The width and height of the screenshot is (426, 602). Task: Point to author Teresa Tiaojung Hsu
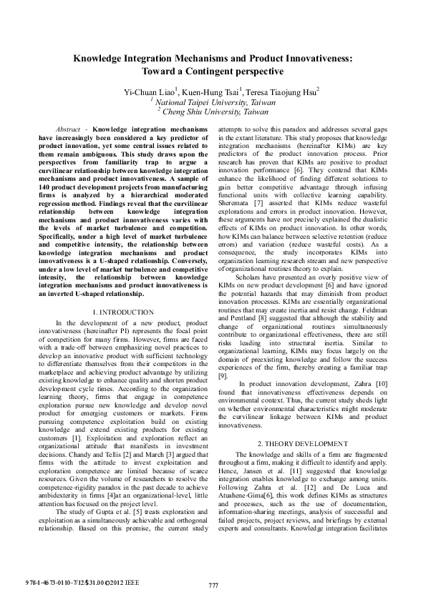tap(282, 91)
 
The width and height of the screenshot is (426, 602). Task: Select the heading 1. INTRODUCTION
tap(123, 312)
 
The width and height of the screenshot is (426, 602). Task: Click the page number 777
tap(213, 586)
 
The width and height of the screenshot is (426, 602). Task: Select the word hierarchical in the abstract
tap(148, 190)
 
